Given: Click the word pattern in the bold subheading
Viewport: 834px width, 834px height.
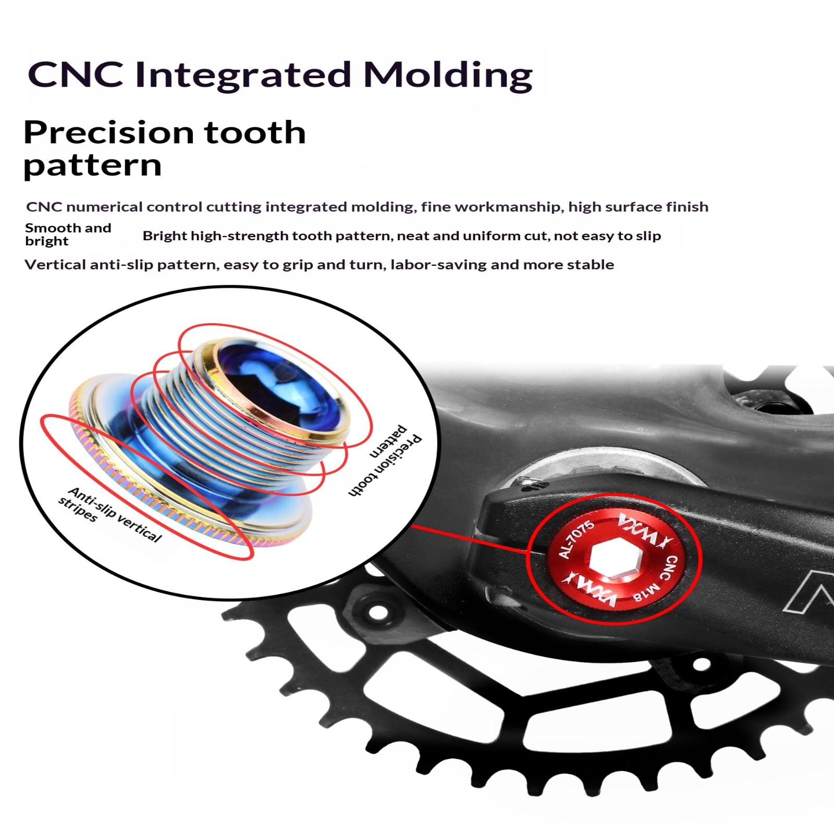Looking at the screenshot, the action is [x=93, y=166].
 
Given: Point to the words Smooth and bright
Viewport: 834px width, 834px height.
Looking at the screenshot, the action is [x=68, y=235].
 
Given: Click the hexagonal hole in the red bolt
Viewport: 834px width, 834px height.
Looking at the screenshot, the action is [x=610, y=560].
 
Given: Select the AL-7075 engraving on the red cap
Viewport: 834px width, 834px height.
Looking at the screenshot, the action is [x=576, y=539].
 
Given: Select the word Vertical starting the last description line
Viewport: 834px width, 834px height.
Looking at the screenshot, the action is [x=55, y=265].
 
